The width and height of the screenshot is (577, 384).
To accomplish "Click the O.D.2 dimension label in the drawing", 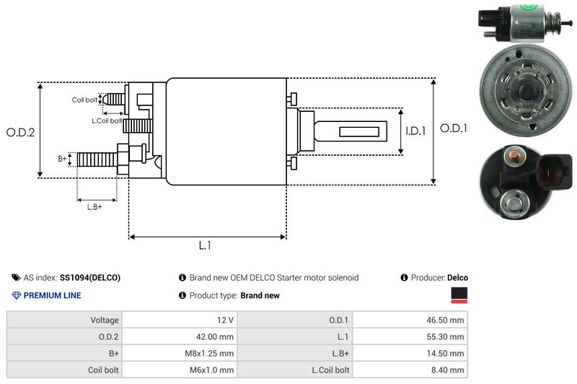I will (x=20, y=132).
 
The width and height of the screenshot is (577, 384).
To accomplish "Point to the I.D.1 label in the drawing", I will (x=416, y=131).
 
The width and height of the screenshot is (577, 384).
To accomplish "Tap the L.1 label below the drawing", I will (x=206, y=245).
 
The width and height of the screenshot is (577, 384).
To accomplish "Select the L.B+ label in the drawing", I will (x=94, y=207).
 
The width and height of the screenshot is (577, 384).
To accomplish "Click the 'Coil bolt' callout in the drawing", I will (x=84, y=100).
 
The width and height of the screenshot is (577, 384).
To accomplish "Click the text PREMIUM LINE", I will (x=52, y=295).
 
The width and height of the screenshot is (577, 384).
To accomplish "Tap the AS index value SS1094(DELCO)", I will (x=90, y=277).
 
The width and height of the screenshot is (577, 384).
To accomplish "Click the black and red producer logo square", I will (x=459, y=294).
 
